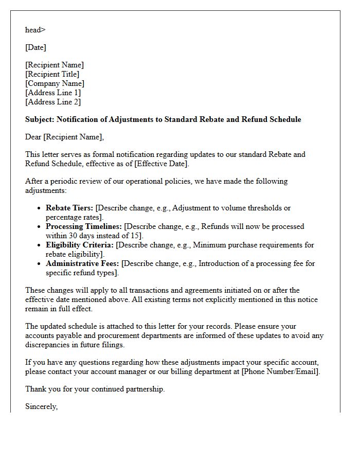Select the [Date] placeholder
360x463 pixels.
35,47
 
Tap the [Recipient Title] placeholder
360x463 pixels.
52,74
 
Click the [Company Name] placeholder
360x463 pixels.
55,83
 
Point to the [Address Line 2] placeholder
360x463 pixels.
53,102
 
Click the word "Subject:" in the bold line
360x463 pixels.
40,119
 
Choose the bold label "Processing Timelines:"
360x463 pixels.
84,226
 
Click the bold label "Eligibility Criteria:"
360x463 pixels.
80,245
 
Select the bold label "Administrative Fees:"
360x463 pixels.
82,263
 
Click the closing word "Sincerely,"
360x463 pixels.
41,406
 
